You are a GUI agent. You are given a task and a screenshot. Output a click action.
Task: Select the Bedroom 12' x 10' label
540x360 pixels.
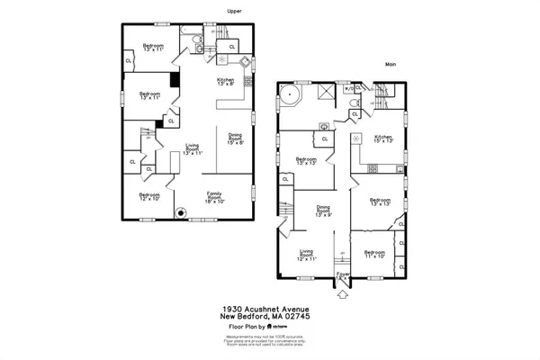(x=148, y=198)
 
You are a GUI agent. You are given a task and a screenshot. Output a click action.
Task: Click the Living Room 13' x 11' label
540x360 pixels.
(x=193, y=149)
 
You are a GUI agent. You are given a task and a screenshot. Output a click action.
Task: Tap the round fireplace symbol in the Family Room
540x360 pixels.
(x=181, y=214)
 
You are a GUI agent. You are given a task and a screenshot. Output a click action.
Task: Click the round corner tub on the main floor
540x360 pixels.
(x=289, y=96)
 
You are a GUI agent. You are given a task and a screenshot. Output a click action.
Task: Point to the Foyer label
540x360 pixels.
(x=343, y=274)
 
